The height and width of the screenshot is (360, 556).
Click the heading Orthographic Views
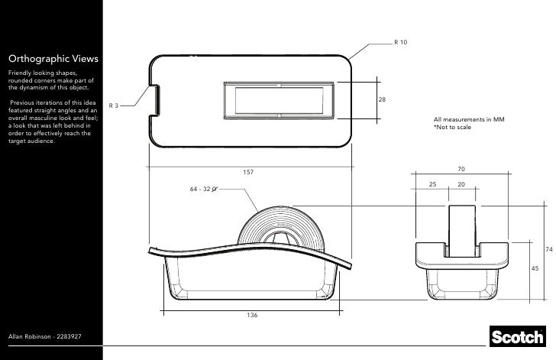(x=53, y=57)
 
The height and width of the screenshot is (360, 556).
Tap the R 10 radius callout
(x=400, y=41)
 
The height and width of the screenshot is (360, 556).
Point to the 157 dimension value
(x=247, y=173)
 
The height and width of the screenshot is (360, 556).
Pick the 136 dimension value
(x=251, y=315)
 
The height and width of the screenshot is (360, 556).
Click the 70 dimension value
(x=461, y=169)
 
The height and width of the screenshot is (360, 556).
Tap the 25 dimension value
(x=432, y=185)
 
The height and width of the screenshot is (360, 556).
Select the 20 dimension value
(x=461, y=185)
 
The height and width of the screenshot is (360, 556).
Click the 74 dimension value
(x=548, y=250)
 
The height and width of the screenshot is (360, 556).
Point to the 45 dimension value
(x=535, y=268)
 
